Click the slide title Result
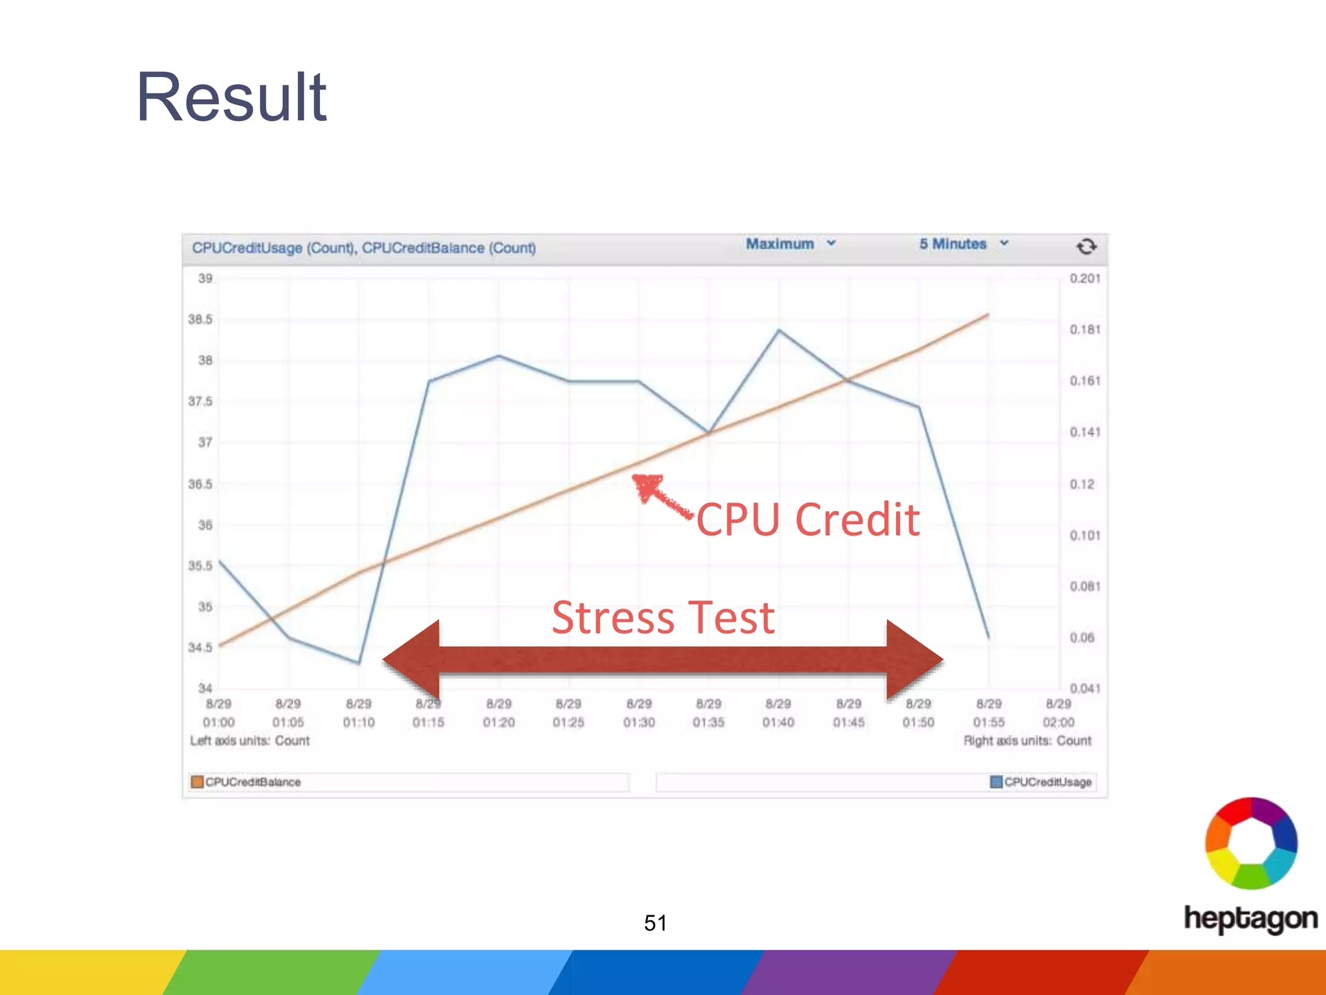231,97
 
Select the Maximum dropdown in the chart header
790,244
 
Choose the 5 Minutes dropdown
963,244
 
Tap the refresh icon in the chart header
1086,246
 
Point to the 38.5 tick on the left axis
200,319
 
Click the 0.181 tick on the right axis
1084,330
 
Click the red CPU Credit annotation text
808,520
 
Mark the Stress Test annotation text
663,617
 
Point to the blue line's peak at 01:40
779,330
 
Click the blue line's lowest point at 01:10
359,663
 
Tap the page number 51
655,922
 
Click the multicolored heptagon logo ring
1251,843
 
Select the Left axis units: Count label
250,740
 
